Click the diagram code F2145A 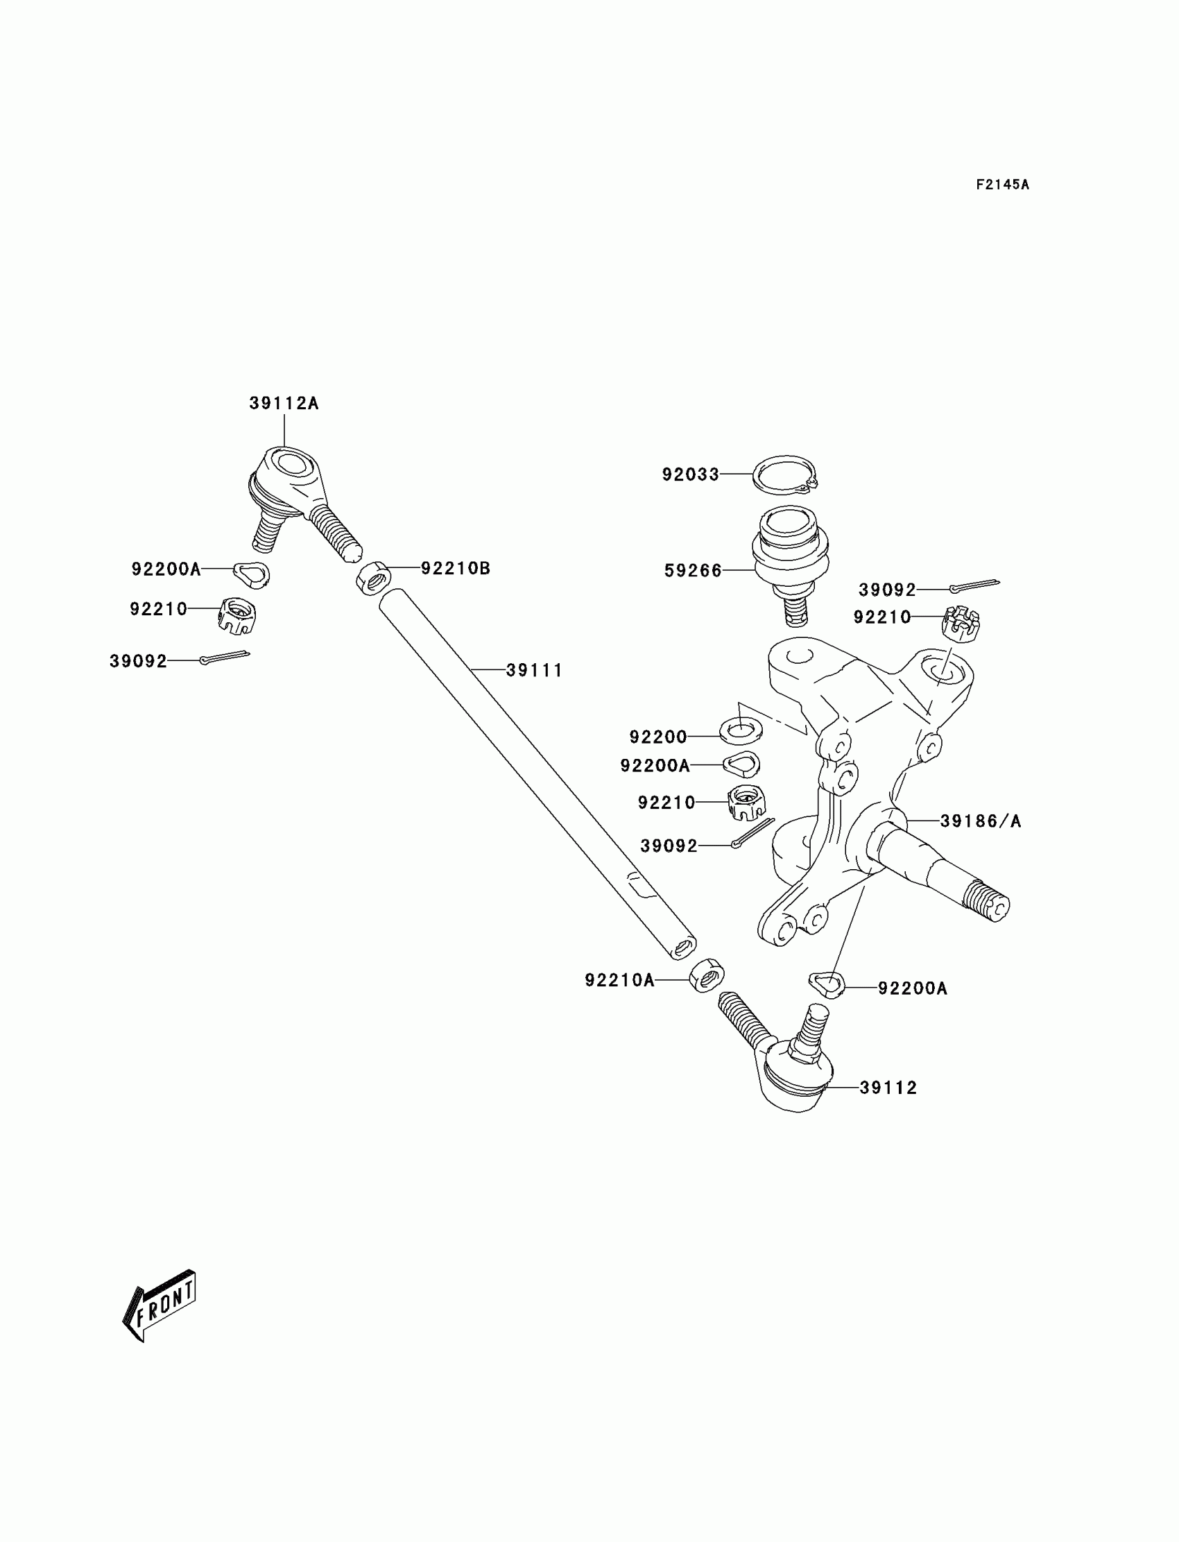1002,185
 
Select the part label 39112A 284,404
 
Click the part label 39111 534,670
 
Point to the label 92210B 456,569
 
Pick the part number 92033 691,474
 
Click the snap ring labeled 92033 785,475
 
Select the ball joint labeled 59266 790,554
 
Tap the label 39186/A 981,821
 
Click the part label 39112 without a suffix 888,1087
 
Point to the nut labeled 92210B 375,578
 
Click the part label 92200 657,737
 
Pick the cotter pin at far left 225,657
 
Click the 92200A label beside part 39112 912,988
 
